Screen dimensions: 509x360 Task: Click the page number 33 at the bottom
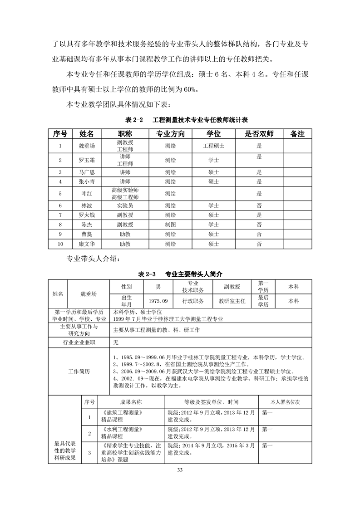point(180,470)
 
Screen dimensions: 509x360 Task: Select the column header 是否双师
point(259,134)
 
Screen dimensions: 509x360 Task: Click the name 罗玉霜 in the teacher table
point(86,160)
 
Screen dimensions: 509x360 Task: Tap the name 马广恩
point(86,172)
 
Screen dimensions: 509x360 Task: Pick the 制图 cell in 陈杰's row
point(171,224)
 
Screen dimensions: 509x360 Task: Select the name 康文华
point(86,244)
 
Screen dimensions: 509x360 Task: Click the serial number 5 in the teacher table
point(60,193)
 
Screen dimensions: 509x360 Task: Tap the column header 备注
point(297,134)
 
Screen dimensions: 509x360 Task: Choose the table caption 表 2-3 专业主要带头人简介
point(180,274)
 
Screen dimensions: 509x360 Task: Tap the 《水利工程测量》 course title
point(123,429)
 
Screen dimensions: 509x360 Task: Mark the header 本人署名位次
point(285,401)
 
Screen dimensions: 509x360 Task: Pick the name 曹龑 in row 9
point(86,234)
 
